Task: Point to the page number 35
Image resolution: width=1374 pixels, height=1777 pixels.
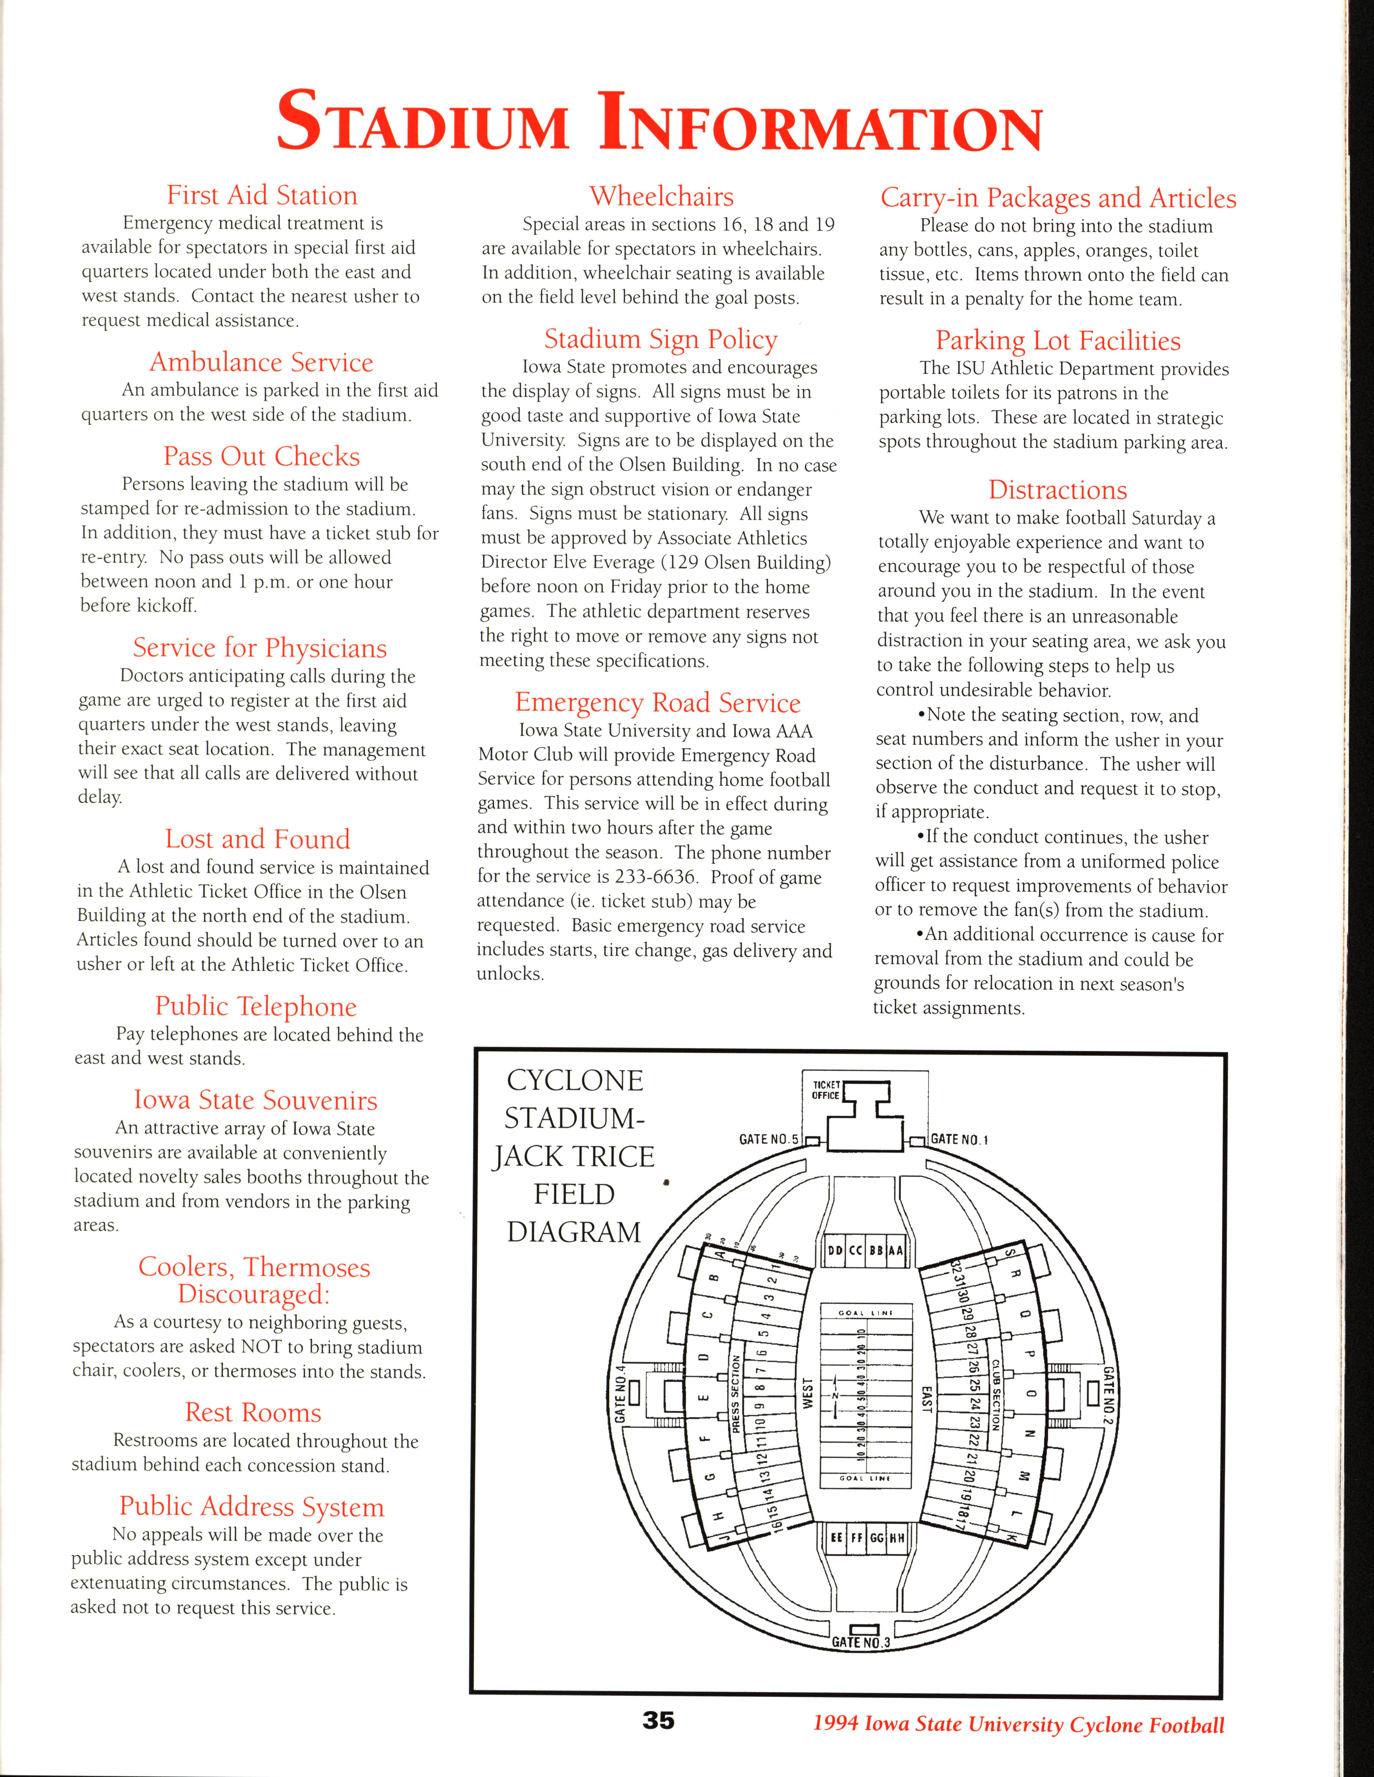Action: (658, 1720)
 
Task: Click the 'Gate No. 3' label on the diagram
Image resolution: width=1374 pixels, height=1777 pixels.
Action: (861, 1642)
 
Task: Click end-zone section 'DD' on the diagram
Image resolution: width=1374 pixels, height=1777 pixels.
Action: (835, 1251)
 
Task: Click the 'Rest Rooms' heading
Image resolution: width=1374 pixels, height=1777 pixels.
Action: (253, 1413)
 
